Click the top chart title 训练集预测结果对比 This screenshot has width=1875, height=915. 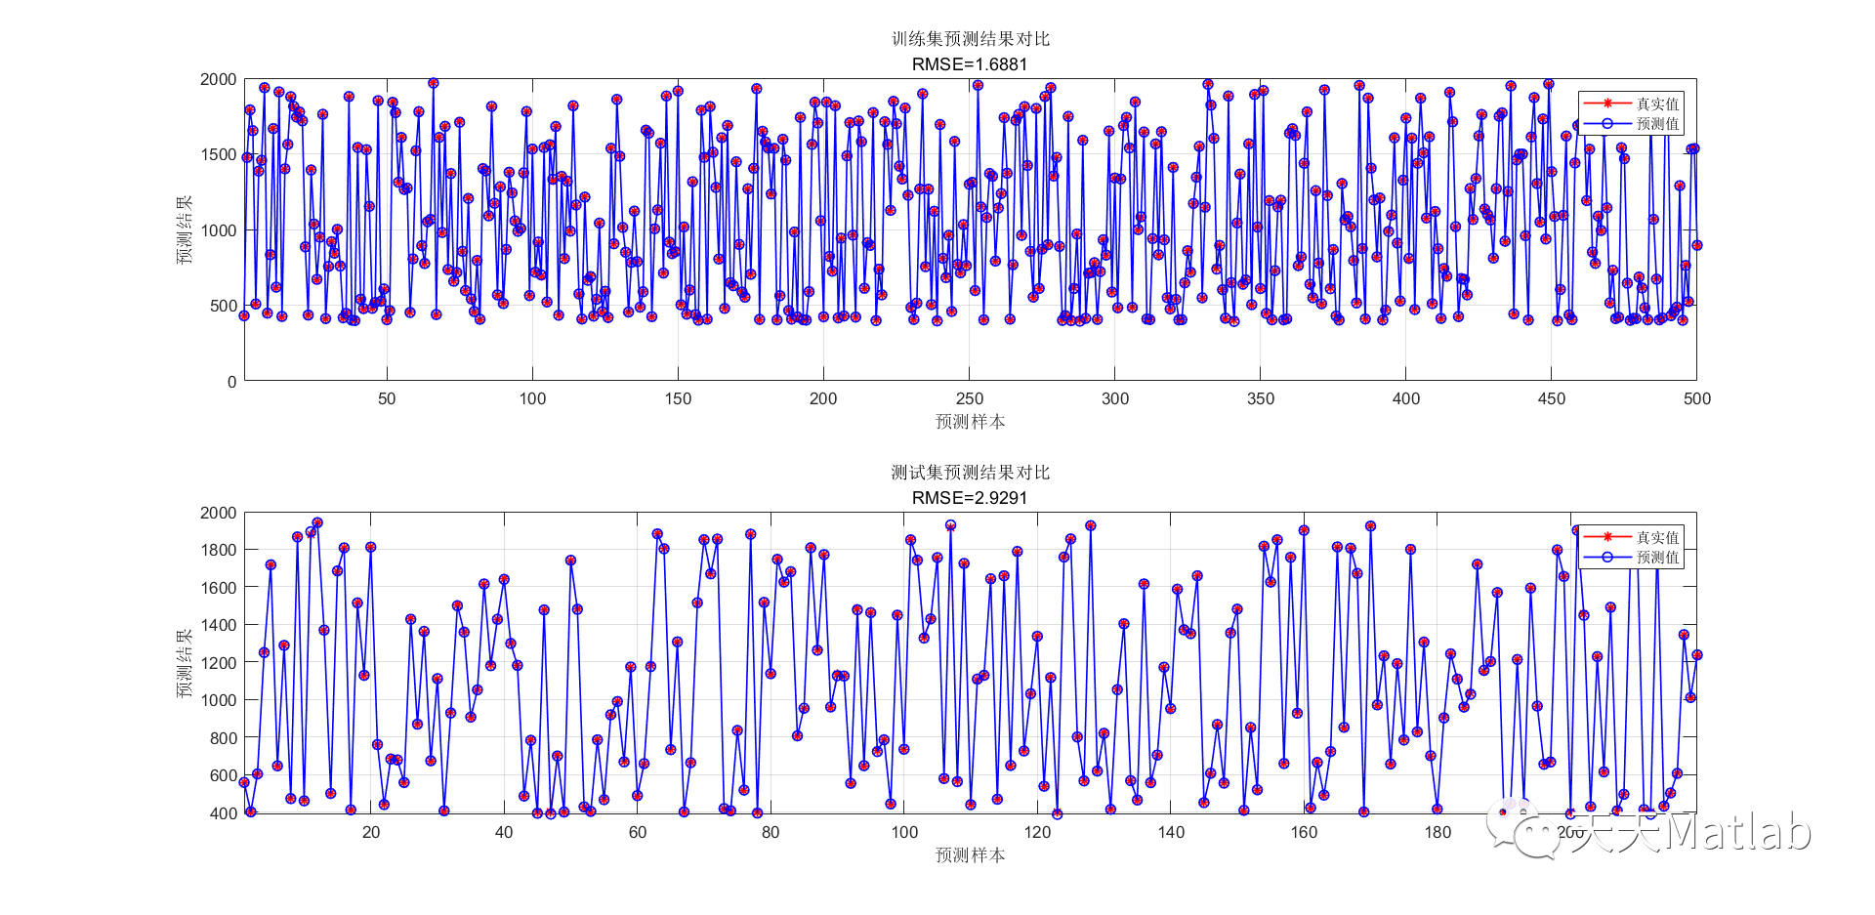(x=970, y=39)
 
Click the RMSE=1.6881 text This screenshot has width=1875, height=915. (x=970, y=64)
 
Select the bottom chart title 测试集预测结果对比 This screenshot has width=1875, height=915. (x=970, y=473)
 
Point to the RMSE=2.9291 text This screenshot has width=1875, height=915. (x=970, y=498)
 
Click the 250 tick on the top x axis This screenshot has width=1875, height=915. (x=970, y=398)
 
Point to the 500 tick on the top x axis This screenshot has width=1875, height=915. (x=1697, y=398)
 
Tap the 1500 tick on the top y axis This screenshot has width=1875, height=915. (x=219, y=154)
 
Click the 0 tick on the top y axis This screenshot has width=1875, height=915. (x=231, y=382)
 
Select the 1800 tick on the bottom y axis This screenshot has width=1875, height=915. (x=219, y=550)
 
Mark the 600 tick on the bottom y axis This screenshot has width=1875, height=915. (x=224, y=775)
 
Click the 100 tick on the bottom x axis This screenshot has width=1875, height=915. (x=904, y=832)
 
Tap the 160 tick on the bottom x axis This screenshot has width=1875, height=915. (x=1304, y=832)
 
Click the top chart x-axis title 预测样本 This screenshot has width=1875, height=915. (x=970, y=422)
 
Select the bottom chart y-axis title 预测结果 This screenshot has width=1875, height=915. (x=185, y=663)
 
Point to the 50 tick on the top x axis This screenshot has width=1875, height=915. (x=387, y=398)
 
